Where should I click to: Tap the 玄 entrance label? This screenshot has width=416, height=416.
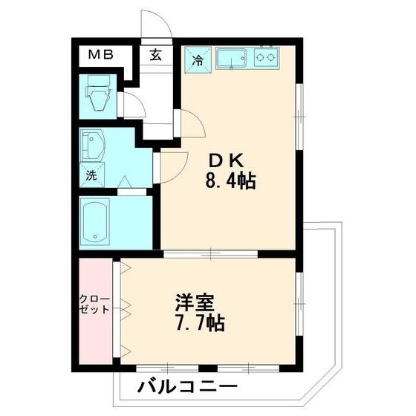(155, 54)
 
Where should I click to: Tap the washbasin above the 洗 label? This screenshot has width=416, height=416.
(93, 146)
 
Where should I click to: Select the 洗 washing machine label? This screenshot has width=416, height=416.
(90, 177)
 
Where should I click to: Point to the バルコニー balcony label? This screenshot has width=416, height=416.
(187, 387)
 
